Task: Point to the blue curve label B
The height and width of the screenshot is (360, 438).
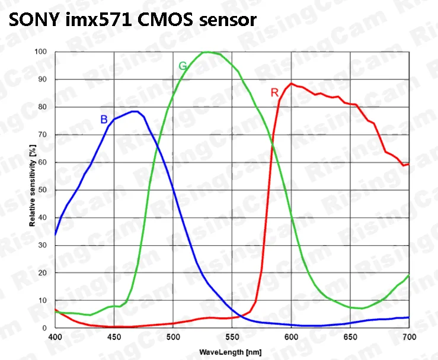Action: (x=104, y=120)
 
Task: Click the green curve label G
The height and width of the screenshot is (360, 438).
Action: (x=183, y=66)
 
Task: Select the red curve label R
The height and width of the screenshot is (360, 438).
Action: (x=274, y=92)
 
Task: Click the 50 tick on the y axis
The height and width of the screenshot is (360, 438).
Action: (x=43, y=189)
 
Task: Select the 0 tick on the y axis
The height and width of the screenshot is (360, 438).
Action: (x=46, y=327)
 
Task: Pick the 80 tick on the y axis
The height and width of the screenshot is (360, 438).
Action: (x=43, y=107)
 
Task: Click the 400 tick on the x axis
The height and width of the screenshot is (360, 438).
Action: (x=55, y=337)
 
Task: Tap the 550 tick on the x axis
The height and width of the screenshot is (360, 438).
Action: (x=232, y=337)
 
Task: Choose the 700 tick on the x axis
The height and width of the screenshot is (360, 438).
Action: (x=409, y=337)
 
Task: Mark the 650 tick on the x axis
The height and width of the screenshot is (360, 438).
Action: (x=350, y=337)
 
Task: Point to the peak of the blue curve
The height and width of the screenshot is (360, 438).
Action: (x=135, y=111)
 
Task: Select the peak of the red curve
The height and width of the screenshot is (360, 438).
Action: (x=292, y=83)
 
